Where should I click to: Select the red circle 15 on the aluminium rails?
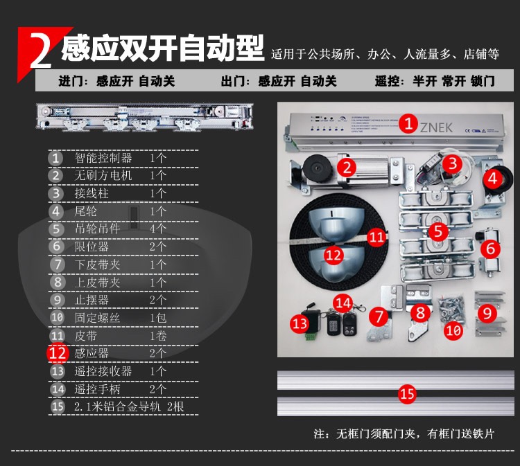[x=407, y=394]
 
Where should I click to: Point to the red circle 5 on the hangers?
[x=437, y=231]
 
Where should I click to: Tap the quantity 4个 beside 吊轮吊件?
[x=158, y=228]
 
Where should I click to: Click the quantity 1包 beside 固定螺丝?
[x=158, y=317]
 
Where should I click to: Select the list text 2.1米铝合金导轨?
[x=117, y=406]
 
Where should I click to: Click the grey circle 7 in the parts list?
[x=57, y=264]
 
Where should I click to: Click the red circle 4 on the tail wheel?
[x=492, y=177]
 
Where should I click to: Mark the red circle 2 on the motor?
[x=347, y=166]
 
